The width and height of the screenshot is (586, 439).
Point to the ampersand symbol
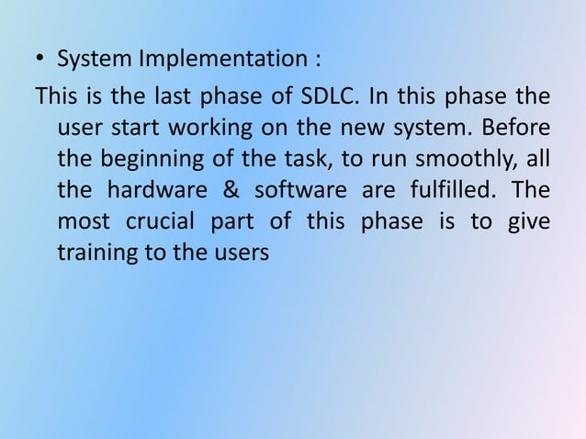pyautogui.click(x=223, y=190)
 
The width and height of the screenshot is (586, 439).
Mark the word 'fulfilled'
pyautogui.click(x=444, y=190)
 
